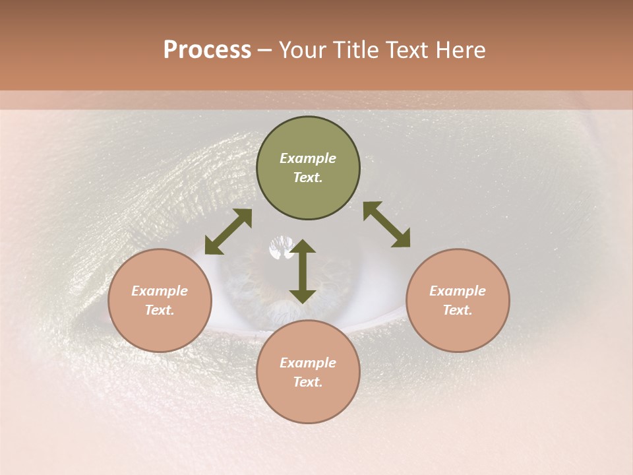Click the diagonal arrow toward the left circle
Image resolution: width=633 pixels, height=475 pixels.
click(228, 232)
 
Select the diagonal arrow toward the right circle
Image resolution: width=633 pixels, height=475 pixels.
click(387, 225)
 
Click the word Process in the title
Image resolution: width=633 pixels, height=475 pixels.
click(207, 49)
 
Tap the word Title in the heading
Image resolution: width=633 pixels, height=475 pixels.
click(357, 49)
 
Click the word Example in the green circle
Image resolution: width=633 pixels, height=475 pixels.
click(308, 158)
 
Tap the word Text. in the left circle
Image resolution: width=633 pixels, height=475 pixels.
click(160, 310)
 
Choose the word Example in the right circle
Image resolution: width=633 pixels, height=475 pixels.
click(458, 291)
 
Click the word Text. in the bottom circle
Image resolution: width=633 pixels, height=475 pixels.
click(308, 382)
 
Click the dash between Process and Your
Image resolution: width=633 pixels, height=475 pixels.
click(264, 51)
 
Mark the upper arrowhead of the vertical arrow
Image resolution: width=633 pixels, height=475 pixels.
click(303, 246)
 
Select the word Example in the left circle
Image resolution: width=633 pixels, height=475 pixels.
click(160, 291)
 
